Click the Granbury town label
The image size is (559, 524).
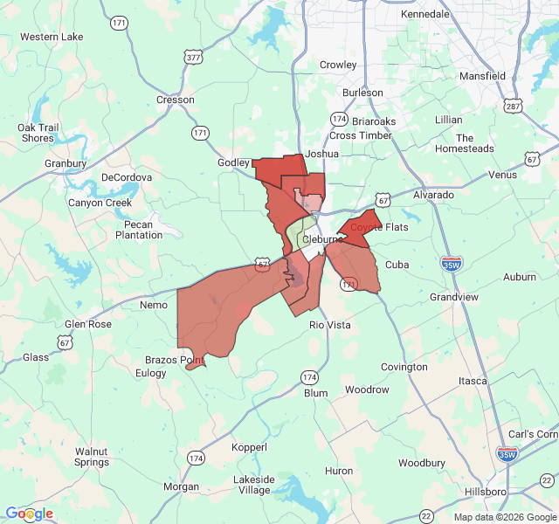click(x=66, y=163)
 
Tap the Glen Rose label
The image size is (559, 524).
click(x=88, y=324)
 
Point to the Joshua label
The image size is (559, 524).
click(x=321, y=154)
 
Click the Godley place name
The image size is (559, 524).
click(x=233, y=162)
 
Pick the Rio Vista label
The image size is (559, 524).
click(x=330, y=325)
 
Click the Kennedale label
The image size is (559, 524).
click(x=424, y=15)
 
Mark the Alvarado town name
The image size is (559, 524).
click(x=434, y=195)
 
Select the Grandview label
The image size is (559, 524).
click(x=454, y=297)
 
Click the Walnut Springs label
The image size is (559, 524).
click(x=91, y=457)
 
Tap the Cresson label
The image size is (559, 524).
click(x=176, y=100)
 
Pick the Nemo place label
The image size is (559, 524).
click(x=154, y=305)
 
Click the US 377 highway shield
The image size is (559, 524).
click(x=192, y=57)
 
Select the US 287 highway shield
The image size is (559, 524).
click(x=513, y=107)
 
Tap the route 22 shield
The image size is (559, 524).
click(x=426, y=516)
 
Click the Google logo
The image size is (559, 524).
click(x=29, y=514)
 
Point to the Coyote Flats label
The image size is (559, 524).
click(x=379, y=227)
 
